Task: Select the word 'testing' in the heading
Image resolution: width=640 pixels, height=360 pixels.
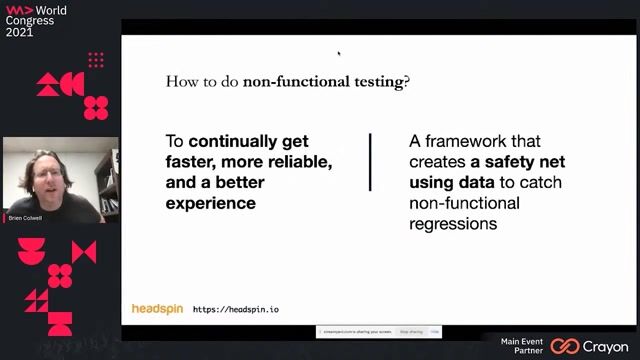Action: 374,82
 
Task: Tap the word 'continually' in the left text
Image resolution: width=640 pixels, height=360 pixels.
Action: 248,142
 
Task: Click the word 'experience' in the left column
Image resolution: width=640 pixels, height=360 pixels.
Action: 210,203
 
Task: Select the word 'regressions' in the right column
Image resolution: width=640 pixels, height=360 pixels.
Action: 453,223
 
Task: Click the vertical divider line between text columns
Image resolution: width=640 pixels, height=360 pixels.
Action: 371,162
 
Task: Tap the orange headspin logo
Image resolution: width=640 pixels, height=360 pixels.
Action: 157,309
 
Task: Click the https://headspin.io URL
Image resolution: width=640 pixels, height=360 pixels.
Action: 236,310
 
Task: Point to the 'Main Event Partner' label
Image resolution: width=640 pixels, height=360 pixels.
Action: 522,346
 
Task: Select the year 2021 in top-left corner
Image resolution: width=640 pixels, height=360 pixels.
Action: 20,32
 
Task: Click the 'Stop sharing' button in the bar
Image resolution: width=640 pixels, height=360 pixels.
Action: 411,331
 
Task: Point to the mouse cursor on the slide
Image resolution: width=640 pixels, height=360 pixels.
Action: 338,53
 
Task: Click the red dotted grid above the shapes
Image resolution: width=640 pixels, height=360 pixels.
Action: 96,60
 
